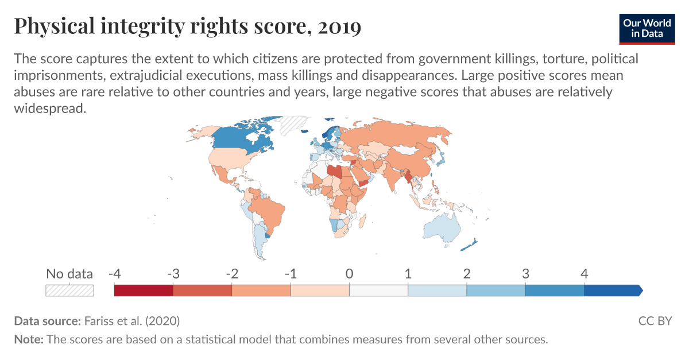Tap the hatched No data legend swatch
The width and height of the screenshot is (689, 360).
point(69,290)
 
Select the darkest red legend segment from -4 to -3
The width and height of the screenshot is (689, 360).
point(144,290)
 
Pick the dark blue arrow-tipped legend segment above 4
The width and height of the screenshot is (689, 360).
point(612,290)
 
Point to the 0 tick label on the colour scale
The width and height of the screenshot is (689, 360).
point(349,274)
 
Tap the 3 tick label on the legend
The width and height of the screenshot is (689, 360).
point(525,274)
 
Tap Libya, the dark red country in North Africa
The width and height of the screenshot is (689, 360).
point(335,172)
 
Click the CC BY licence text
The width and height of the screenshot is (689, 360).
point(655,321)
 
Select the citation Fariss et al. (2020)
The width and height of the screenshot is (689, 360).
point(131,321)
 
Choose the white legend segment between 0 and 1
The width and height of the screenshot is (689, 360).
point(378,290)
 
